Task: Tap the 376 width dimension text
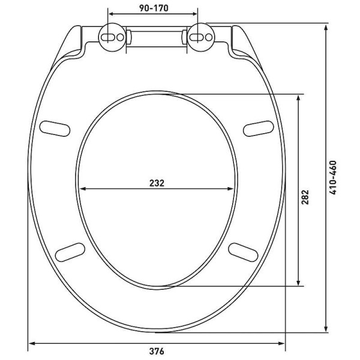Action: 157,350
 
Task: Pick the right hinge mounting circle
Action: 200,37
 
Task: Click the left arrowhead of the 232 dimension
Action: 82,189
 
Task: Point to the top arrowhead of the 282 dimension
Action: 298,97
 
